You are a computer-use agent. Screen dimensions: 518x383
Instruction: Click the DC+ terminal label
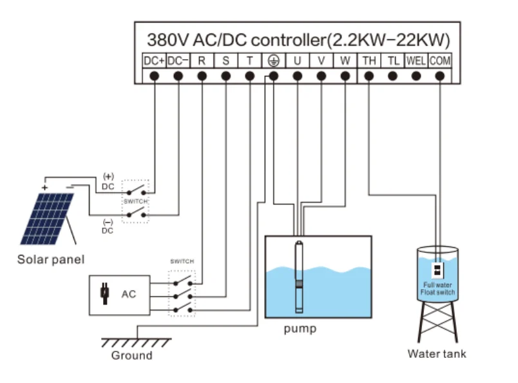click(x=154, y=61)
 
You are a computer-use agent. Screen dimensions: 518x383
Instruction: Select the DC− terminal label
click(x=178, y=61)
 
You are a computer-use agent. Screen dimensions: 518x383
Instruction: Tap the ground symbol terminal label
click(x=274, y=61)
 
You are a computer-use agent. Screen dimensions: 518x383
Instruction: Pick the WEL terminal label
click(x=416, y=61)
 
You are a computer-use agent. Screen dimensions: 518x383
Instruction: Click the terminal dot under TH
click(x=369, y=76)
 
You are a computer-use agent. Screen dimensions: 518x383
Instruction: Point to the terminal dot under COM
click(x=439, y=76)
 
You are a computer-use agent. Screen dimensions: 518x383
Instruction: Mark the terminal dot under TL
click(x=392, y=76)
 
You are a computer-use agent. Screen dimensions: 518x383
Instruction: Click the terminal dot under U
click(x=297, y=76)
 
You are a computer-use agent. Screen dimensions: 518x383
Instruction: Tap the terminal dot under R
click(x=202, y=76)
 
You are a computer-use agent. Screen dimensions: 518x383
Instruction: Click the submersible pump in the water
click(x=299, y=277)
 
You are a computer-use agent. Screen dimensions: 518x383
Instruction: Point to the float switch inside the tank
click(x=437, y=270)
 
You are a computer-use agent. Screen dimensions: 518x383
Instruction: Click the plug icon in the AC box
click(x=105, y=293)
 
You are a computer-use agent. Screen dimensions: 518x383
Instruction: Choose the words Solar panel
click(x=51, y=259)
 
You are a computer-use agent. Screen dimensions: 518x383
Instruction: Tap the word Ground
click(x=132, y=355)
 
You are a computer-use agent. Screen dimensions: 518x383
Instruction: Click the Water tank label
click(x=437, y=354)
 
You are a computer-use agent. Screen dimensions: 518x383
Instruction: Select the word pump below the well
click(x=300, y=329)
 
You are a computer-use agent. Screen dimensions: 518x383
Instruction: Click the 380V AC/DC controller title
click(x=298, y=40)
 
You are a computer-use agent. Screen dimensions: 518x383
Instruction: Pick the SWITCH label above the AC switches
click(x=182, y=261)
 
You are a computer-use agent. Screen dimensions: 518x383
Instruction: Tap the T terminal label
click(x=250, y=61)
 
